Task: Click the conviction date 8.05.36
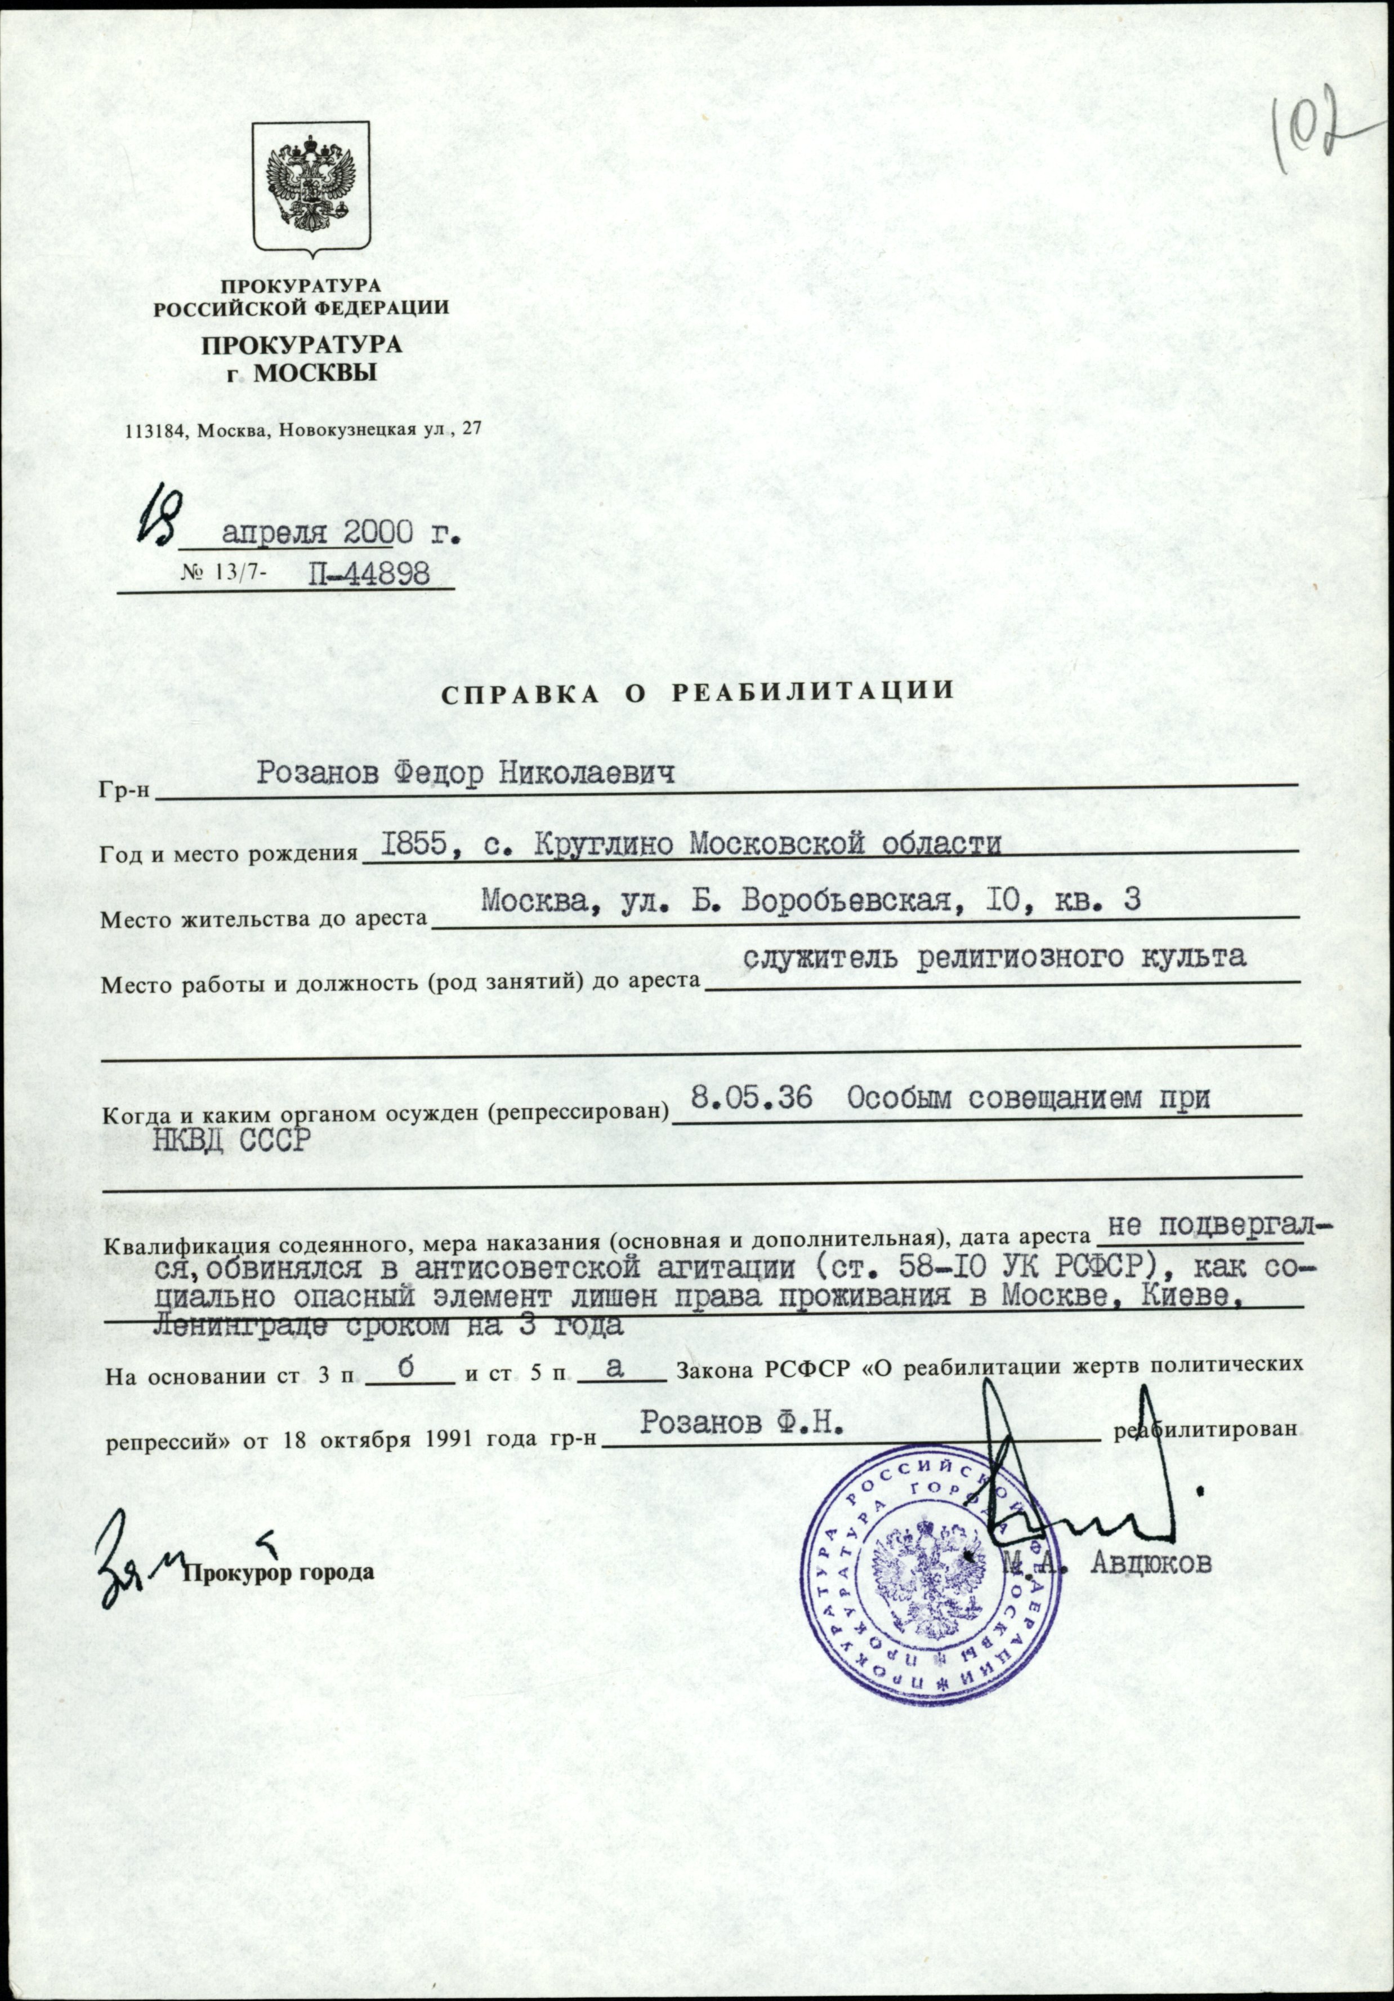(x=750, y=1099)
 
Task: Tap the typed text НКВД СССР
(x=231, y=1140)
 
